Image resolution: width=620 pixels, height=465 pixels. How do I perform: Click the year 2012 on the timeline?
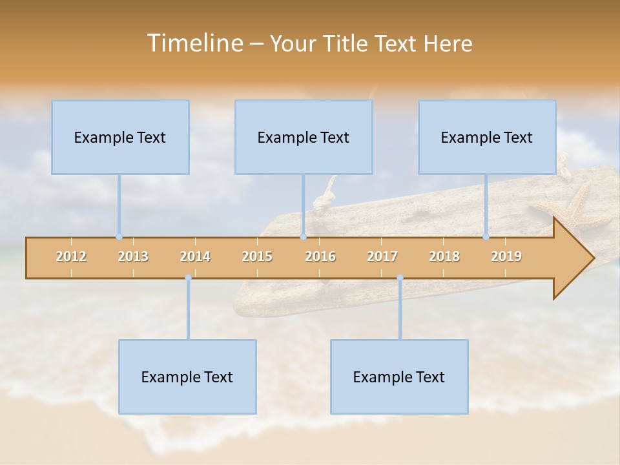[71, 256]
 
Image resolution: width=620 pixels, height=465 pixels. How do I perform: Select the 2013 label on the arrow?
[133, 256]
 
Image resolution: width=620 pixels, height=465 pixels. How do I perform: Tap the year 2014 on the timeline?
[195, 256]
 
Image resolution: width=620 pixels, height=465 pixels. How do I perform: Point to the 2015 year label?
[257, 256]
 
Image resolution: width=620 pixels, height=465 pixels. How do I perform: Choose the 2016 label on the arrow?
[320, 256]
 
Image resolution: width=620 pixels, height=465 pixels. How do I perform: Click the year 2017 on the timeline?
[382, 256]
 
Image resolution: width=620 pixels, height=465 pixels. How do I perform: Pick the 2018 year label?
[444, 256]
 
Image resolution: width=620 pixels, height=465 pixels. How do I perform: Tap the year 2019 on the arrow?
[506, 256]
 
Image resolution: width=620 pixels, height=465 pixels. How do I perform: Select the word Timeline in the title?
[194, 43]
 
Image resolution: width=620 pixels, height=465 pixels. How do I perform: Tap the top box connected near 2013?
[120, 137]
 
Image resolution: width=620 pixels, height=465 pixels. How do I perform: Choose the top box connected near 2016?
[304, 137]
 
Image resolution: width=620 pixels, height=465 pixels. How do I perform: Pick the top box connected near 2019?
[487, 137]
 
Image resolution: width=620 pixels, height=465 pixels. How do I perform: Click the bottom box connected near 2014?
[187, 377]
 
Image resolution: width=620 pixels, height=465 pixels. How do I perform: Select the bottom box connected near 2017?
[399, 377]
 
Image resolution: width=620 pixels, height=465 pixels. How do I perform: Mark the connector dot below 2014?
[188, 278]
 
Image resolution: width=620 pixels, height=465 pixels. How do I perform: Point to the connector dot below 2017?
[400, 278]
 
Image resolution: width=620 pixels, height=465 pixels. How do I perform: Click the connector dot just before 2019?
[486, 236]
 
